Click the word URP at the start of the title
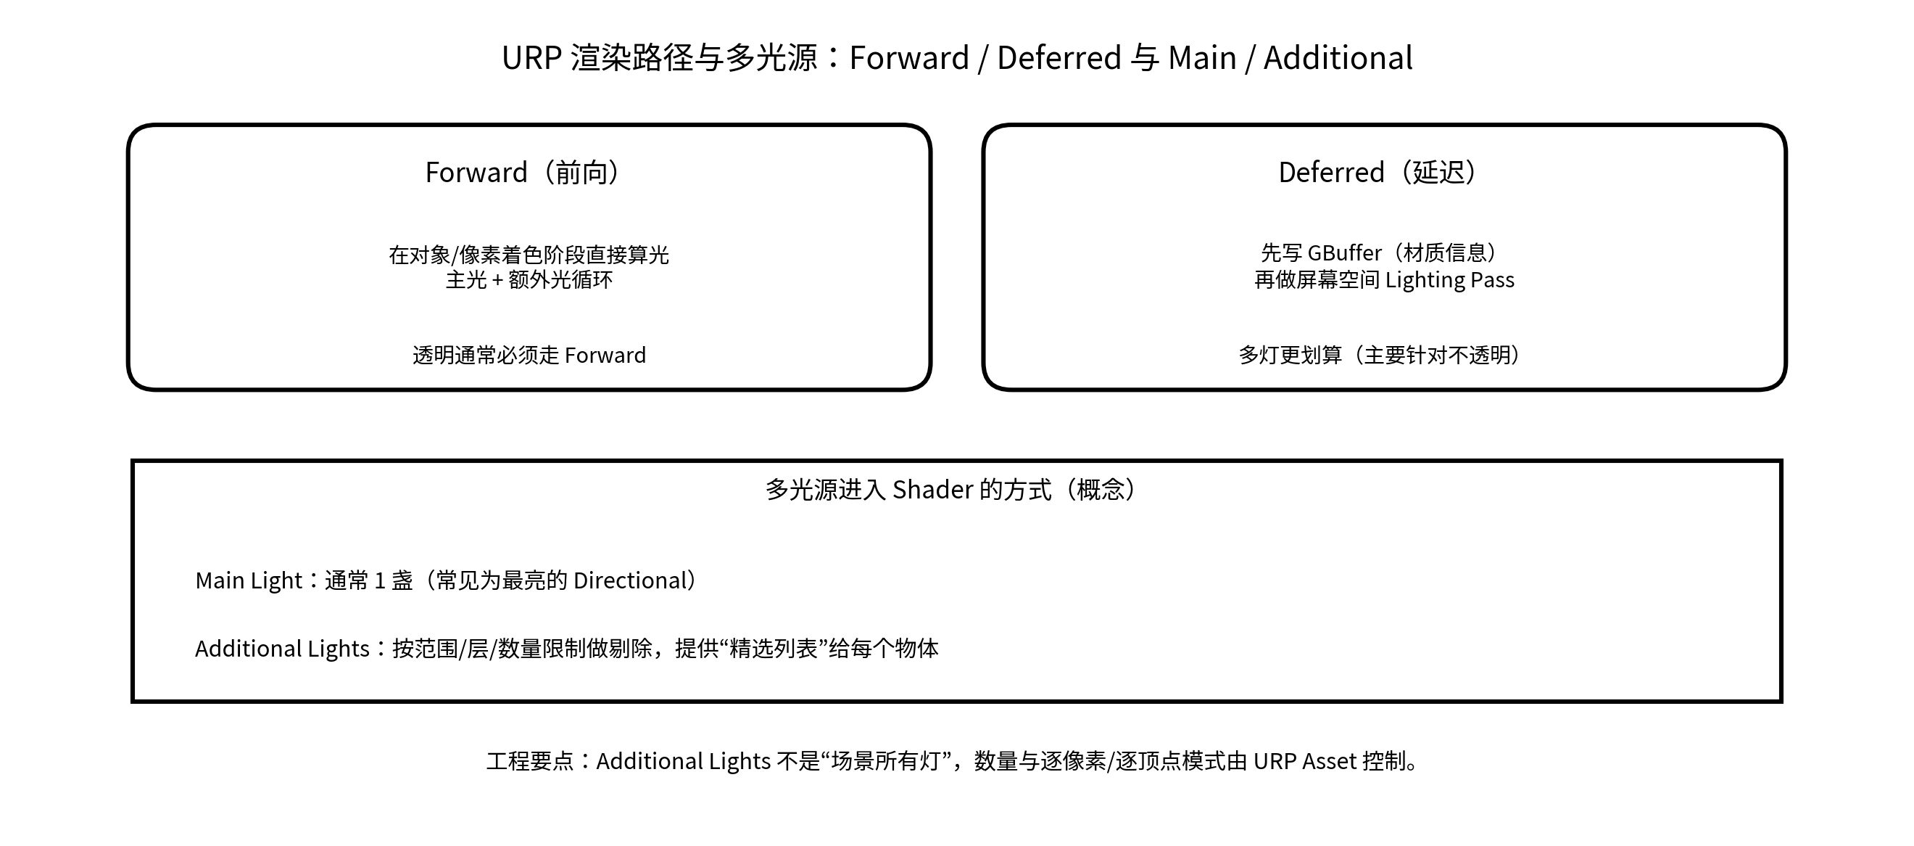tap(531, 58)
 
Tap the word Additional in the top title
tap(1338, 58)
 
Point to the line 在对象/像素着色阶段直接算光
tap(529, 255)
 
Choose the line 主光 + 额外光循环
tap(529, 280)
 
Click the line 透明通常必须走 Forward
tap(529, 356)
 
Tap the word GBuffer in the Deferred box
tap(1344, 253)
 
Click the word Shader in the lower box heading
tap(932, 490)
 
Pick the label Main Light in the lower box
tap(248, 580)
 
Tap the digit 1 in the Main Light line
tap(380, 580)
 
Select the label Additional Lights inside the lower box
tap(281, 649)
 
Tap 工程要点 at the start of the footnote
tap(531, 761)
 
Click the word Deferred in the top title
tap(1058, 58)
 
